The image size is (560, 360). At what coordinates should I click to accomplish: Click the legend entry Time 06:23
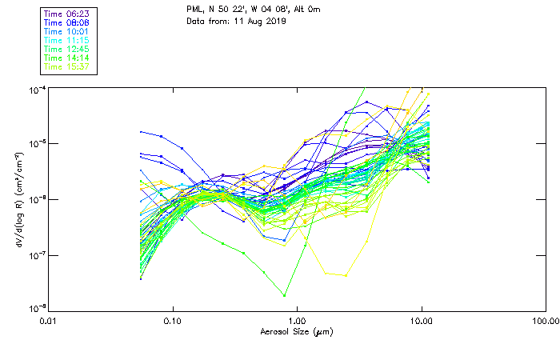(68, 14)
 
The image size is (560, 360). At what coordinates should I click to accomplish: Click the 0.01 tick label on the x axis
(50, 321)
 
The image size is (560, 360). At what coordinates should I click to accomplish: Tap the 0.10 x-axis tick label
(174, 321)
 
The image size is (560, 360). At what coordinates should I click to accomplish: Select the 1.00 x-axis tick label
(298, 321)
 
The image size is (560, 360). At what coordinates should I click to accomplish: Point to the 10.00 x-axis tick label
(421, 321)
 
